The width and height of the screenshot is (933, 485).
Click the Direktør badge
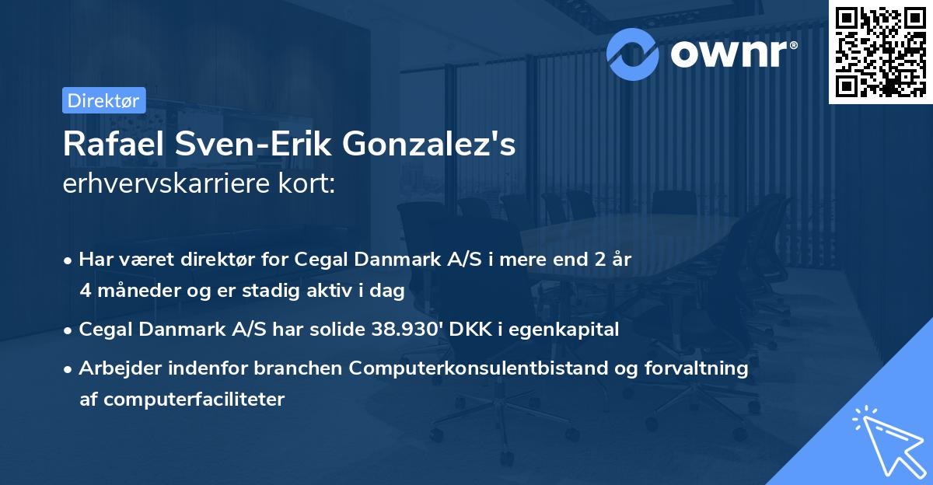(x=103, y=100)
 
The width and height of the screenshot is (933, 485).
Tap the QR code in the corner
(x=880, y=51)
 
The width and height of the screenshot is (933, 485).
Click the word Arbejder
(x=116, y=368)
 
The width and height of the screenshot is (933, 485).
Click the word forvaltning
(x=703, y=368)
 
